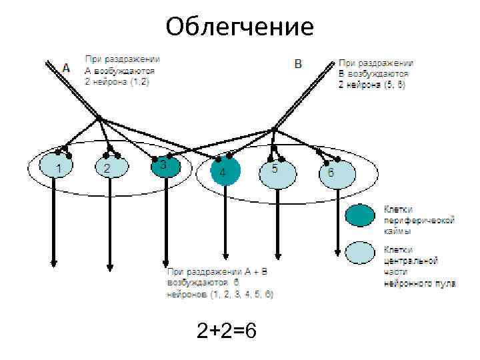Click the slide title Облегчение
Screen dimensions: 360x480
point(240,27)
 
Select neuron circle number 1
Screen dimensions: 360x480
point(59,167)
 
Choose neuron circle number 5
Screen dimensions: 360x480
point(275,171)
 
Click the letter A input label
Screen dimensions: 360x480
point(65,67)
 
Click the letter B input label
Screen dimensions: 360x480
point(298,64)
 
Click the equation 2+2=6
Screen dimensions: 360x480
point(227,331)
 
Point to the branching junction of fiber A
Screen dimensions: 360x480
point(99,119)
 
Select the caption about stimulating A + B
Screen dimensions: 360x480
point(220,282)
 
